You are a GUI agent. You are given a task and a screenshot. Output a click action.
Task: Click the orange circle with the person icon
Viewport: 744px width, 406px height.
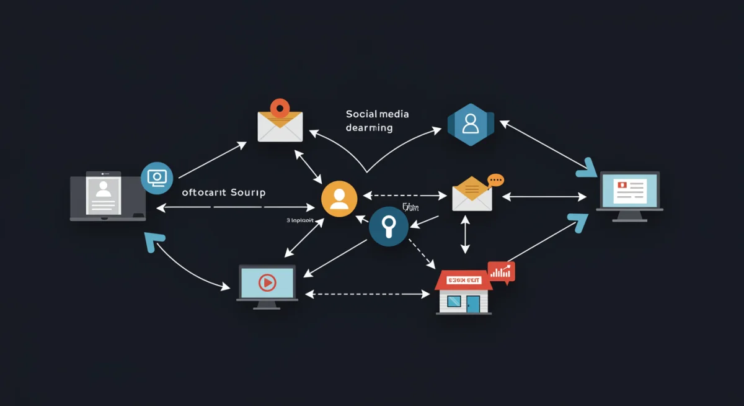click(339, 198)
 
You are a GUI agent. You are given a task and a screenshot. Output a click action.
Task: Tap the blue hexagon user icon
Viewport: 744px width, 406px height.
click(471, 124)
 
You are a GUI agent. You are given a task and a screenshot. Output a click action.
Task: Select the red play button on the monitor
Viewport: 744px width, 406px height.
click(267, 283)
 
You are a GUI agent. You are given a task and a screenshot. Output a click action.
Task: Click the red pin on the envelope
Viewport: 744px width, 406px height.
click(280, 108)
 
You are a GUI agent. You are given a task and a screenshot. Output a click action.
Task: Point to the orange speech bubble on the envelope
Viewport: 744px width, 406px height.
click(495, 180)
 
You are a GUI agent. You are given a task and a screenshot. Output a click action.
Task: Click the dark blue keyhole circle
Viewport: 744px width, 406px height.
click(389, 227)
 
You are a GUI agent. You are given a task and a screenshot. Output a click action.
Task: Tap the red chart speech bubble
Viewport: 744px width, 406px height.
click(501, 271)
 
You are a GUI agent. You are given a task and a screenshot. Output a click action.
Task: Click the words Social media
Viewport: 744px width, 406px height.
click(377, 114)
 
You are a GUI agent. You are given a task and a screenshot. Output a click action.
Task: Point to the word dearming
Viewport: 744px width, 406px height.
click(369, 128)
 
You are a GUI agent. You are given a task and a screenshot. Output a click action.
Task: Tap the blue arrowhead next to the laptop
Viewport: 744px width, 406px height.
click(153, 241)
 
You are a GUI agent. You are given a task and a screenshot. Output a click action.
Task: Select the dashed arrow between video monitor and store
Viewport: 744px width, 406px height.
click(368, 294)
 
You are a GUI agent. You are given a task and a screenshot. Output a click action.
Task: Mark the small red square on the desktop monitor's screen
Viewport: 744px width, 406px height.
click(621, 185)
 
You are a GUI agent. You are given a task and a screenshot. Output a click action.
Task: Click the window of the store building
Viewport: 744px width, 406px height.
click(454, 301)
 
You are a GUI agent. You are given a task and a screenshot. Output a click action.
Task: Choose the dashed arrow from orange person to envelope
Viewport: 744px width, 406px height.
click(405, 196)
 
